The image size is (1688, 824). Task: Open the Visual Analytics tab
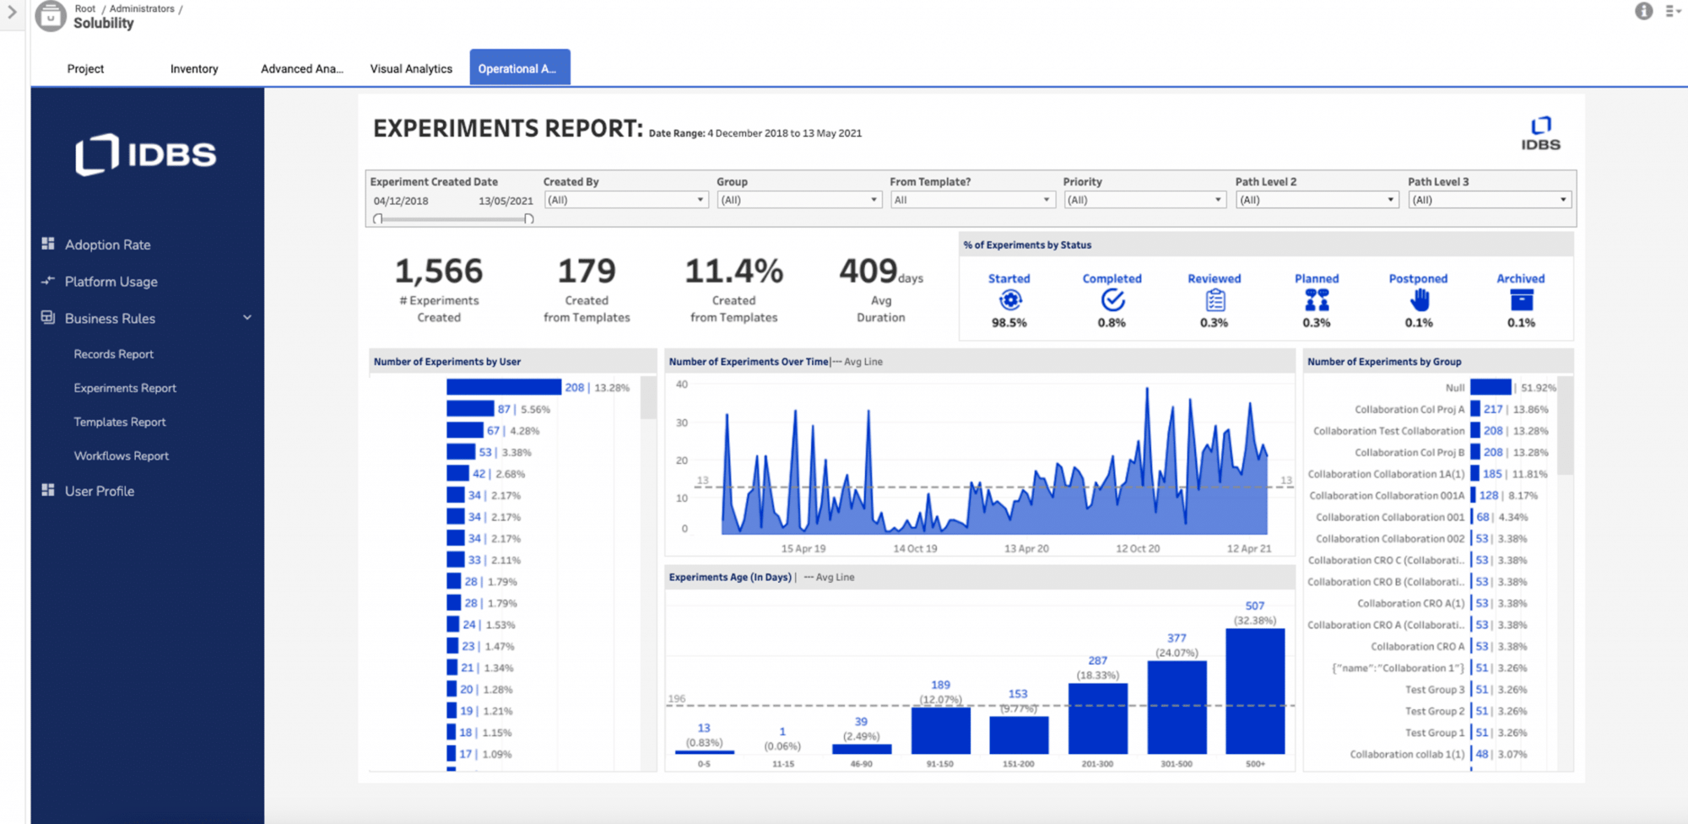pyautogui.click(x=411, y=68)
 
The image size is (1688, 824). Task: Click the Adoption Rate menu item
pyautogui.click(x=107, y=245)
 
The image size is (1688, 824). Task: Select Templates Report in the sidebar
pyautogui.click(x=119, y=422)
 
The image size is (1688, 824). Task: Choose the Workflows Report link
pyautogui.click(x=121, y=455)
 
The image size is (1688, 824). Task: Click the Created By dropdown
pyautogui.click(x=625, y=200)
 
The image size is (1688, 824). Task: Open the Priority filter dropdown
pyautogui.click(x=1144, y=200)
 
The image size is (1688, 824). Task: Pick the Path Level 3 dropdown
pyautogui.click(x=1489, y=200)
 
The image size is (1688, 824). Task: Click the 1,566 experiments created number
pyautogui.click(x=439, y=272)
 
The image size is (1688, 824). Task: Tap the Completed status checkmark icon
pyautogui.click(x=1112, y=300)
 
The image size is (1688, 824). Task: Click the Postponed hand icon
pyautogui.click(x=1419, y=300)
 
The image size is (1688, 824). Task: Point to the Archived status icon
pyautogui.click(x=1521, y=300)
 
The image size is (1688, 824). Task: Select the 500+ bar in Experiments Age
pyautogui.click(x=1255, y=691)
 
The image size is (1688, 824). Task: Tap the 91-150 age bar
pyautogui.click(x=940, y=730)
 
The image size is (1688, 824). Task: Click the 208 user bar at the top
pyautogui.click(x=503, y=387)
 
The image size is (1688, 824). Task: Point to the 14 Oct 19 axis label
pyautogui.click(x=915, y=548)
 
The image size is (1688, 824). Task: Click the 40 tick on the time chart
pyautogui.click(x=682, y=385)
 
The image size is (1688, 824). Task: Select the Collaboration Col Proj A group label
pyautogui.click(x=1409, y=409)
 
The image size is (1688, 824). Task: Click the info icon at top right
pyautogui.click(x=1643, y=11)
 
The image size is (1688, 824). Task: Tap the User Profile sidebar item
pyautogui.click(x=99, y=491)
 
